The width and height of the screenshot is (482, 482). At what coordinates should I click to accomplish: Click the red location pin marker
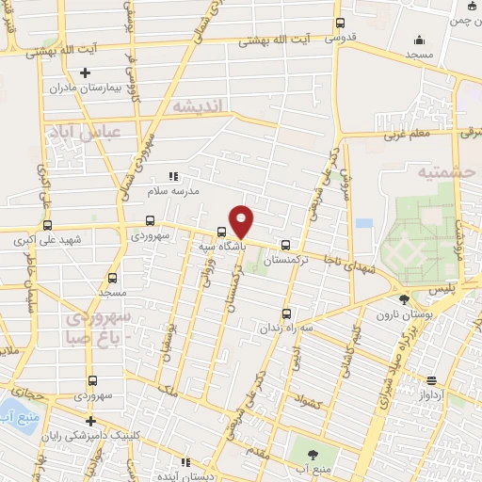(x=242, y=221)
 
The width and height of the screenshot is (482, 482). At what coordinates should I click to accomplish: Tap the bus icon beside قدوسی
(x=340, y=24)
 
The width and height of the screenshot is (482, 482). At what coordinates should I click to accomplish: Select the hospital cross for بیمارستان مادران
(x=86, y=72)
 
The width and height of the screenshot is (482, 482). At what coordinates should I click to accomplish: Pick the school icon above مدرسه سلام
(x=172, y=175)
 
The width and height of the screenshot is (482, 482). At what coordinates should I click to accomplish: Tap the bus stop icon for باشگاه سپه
(x=222, y=231)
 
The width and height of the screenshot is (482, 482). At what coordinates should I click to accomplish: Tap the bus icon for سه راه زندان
(x=287, y=314)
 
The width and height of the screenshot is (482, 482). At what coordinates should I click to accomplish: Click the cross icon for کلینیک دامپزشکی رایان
(x=90, y=421)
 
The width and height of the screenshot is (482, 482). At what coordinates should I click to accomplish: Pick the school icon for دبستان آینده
(x=185, y=463)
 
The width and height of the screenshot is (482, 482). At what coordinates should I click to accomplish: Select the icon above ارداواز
(x=432, y=380)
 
